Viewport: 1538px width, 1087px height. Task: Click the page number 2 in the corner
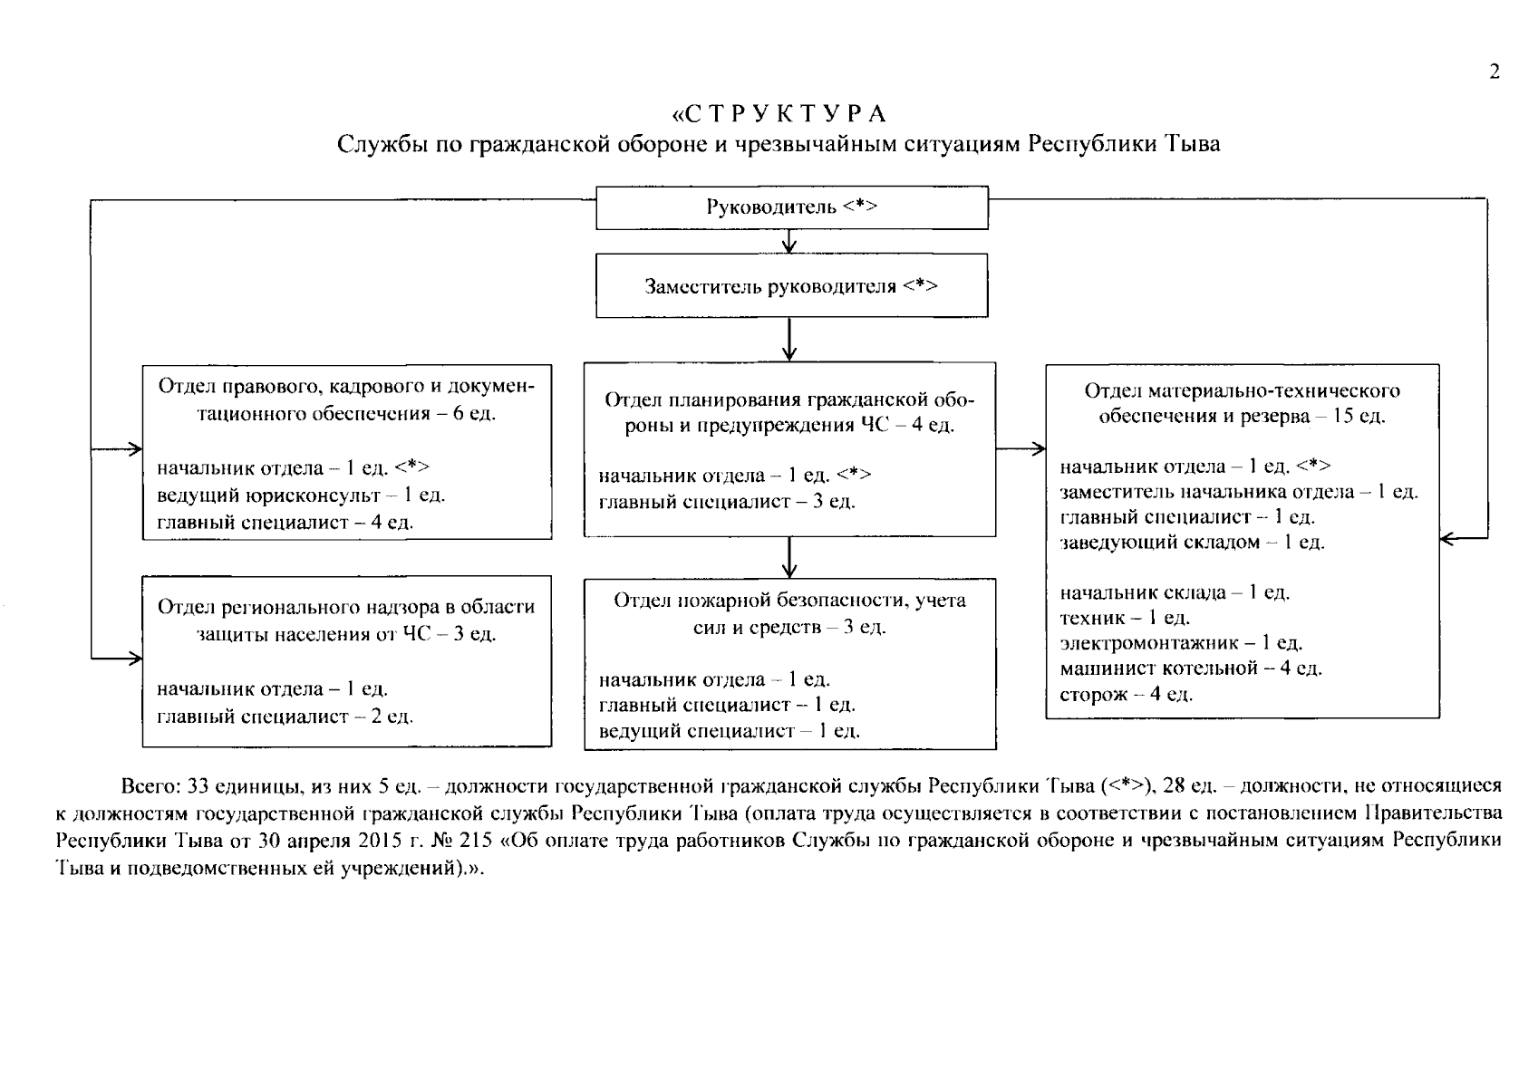click(x=1494, y=72)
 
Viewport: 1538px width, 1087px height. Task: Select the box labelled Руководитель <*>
click(x=791, y=207)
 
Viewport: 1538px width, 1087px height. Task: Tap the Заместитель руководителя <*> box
click(x=791, y=286)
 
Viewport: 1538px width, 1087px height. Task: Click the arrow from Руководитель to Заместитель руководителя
click(x=790, y=241)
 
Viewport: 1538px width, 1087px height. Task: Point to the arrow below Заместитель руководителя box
click(x=790, y=341)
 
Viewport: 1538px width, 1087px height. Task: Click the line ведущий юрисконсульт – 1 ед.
click(x=302, y=495)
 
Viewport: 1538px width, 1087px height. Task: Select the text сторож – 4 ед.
click(x=1127, y=695)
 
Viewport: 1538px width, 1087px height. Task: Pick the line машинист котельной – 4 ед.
click(x=1191, y=669)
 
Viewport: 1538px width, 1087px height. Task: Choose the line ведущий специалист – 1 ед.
click(x=730, y=731)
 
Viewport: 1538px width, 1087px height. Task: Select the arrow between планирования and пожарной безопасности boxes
click(x=790, y=559)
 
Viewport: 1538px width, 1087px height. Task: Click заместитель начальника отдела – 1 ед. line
click(x=1239, y=492)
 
